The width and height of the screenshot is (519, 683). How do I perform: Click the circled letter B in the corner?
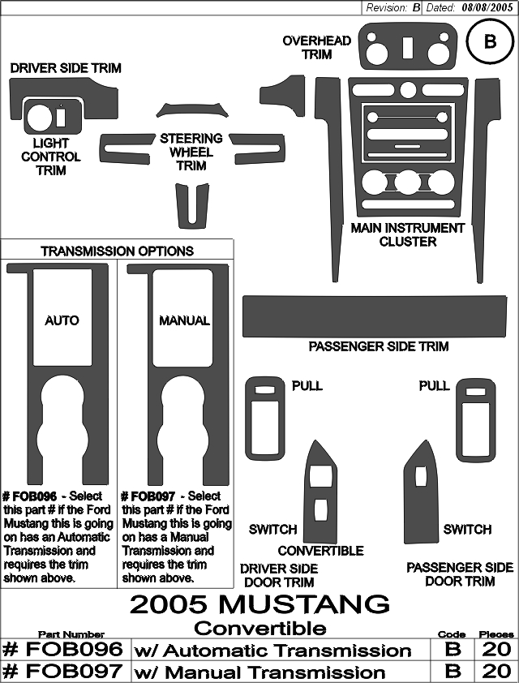tap(490, 42)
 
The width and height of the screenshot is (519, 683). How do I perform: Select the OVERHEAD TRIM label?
tap(317, 48)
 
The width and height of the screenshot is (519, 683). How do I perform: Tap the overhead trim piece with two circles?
tap(407, 46)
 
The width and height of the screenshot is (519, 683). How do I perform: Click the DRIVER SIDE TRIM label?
tap(66, 68)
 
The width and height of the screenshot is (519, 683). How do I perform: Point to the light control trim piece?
tap(53, 117)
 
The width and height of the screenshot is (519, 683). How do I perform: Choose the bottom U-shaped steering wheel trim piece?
tap(192, 205)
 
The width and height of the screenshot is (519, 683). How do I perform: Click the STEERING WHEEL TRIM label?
tap(191, 152)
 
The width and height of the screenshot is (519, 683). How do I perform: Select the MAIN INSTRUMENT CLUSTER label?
tap(408, 234)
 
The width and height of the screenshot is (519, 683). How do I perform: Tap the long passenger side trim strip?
tap(375, 316)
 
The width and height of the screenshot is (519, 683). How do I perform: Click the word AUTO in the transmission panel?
tap(62, 320)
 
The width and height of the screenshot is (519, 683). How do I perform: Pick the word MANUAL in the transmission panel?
tap(184, 320)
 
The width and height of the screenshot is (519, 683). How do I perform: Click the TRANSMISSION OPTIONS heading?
tap(117, 251)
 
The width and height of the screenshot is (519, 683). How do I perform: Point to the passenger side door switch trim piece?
tap(421, 492)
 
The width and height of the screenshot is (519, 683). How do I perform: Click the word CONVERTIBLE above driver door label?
tap(320, 551)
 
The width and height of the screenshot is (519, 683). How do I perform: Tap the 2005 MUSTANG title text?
tap(259, 604)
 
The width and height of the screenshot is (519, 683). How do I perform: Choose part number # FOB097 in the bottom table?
tap(62, 672)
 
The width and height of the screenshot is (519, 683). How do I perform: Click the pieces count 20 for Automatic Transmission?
tap(496, 650)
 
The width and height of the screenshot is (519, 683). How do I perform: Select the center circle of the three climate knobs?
tap(408, 183)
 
